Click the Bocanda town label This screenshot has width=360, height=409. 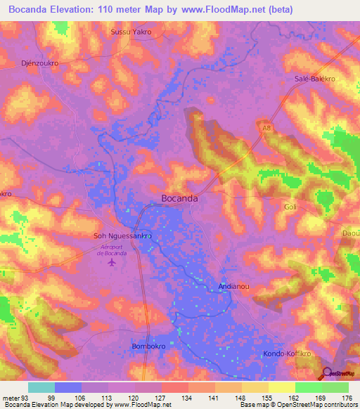tap(179, 199)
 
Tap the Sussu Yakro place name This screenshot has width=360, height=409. tap(131, 32)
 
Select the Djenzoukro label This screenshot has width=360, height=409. tap(40, 61)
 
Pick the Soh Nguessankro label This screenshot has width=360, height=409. tap(123, 236)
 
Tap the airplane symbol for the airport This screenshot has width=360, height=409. tap(112, 263)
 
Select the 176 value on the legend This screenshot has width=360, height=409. tap(347, 398)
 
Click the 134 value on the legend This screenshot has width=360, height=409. tap(188, 398)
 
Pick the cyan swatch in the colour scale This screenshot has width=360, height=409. tap(41, 387)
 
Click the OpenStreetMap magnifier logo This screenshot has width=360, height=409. tap(328, 374)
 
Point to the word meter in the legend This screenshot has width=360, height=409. tap(11, 398)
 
